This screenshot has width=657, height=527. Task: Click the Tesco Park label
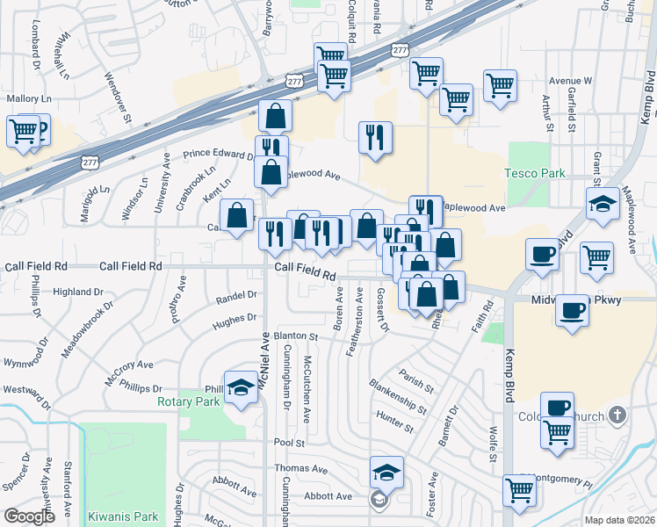point(535,173)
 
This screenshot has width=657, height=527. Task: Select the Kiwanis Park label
point(122,516)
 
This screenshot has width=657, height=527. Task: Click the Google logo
point(29,516)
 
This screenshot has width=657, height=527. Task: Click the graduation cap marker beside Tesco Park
point(603,204)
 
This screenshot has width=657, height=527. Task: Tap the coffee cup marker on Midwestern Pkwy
point(573,310)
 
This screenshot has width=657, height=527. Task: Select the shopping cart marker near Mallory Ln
point(24,132)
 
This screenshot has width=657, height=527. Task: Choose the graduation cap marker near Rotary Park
point(239,387)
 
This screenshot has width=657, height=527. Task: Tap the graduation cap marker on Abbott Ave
point(386,473)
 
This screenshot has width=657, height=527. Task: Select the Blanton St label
point(295,336)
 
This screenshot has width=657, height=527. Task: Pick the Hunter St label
point(394,422)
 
